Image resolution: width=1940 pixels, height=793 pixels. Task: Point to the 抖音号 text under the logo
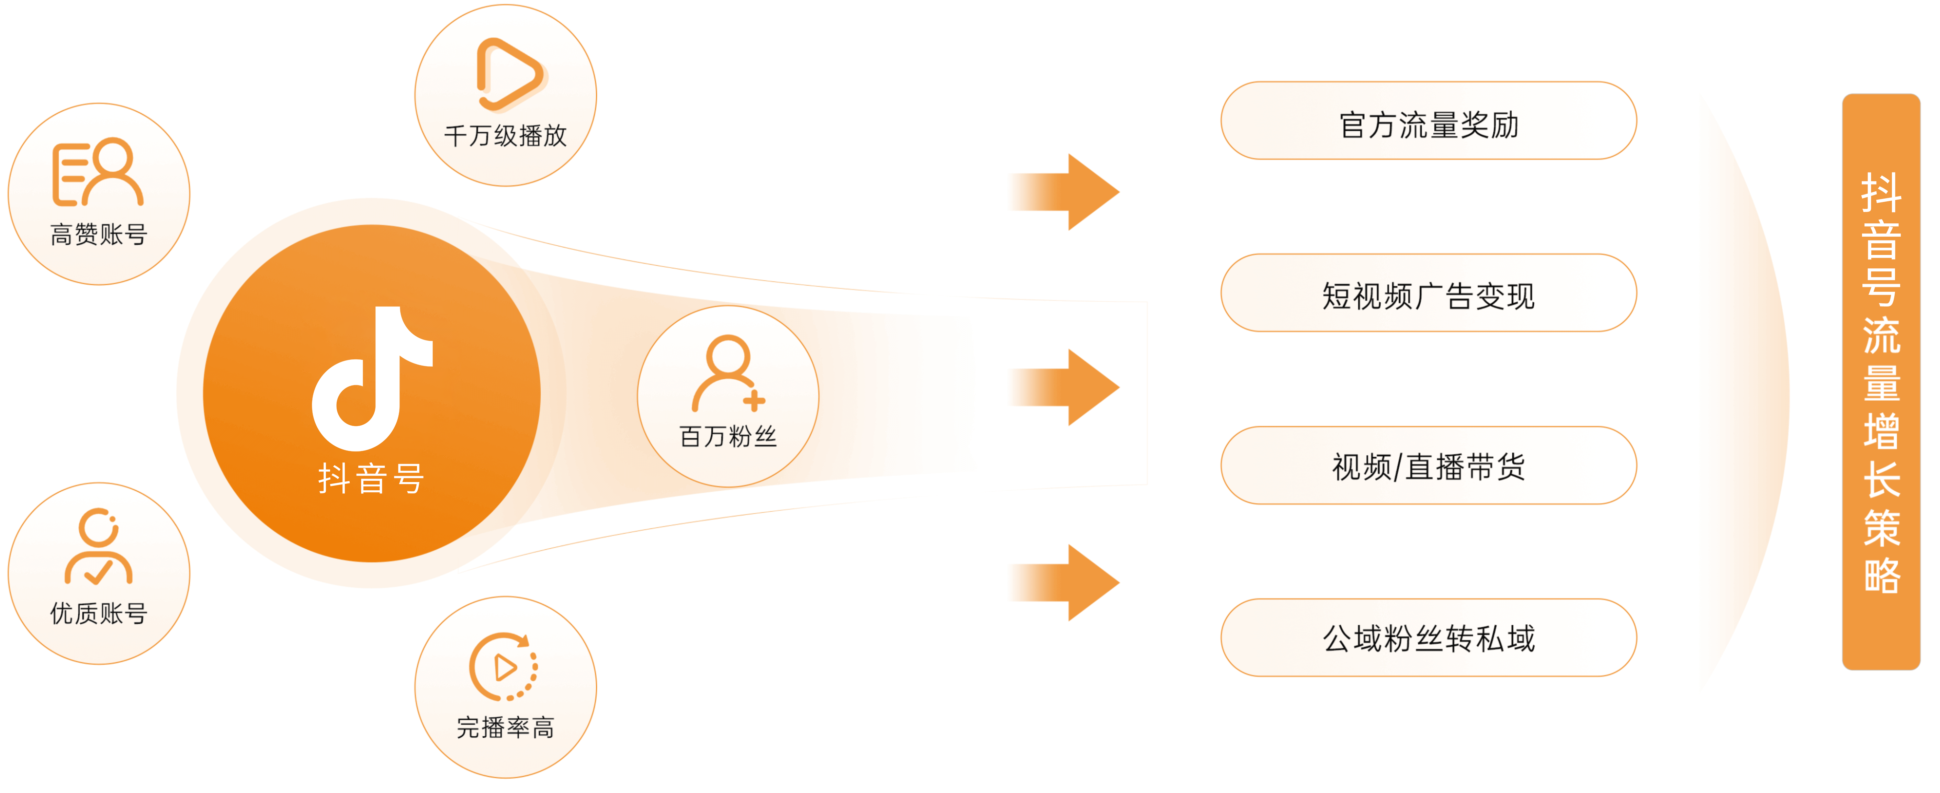371,478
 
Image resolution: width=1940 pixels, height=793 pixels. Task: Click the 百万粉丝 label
727,436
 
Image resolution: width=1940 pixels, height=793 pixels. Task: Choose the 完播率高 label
505,727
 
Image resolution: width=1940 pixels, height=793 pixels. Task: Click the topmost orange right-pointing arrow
1063,192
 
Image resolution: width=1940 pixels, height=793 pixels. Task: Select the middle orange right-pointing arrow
1063,387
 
